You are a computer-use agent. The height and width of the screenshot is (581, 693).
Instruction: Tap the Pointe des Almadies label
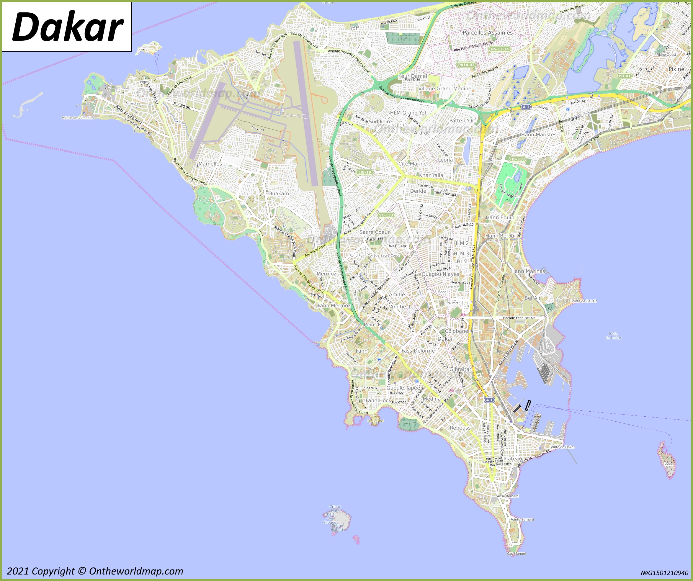click(78, 118)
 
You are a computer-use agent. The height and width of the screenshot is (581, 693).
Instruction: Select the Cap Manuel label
click(516, 553)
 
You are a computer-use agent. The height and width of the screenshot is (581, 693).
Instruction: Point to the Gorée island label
click(668, 464)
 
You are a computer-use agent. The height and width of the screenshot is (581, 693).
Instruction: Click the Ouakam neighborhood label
click(278, 193)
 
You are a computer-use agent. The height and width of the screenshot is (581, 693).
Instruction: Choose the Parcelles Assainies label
click(487, 33)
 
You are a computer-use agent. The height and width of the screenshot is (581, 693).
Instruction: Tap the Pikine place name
click(676, 69)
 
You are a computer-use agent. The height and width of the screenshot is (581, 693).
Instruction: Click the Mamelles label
click(210, 164)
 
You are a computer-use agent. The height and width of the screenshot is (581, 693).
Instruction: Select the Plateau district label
click(513, 458)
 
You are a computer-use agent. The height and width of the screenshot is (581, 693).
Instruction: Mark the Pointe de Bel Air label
click(584, 301)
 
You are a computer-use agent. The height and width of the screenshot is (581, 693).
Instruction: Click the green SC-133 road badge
click(386, 215)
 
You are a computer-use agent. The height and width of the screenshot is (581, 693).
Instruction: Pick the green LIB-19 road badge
click(365, 172)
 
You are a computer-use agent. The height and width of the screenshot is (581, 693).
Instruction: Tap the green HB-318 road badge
click(517, 159)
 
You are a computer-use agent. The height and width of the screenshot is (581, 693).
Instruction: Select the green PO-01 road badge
click(624, 76)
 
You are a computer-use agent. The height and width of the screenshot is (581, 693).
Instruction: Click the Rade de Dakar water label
click(613, 335)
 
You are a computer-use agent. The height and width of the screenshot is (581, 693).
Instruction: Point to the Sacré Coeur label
click(375, 232)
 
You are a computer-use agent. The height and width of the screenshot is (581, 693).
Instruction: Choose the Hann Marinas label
click(528, 271)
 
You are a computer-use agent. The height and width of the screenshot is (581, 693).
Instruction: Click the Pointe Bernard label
click(522, 519)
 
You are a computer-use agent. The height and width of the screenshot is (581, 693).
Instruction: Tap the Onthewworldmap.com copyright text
click(95, 571)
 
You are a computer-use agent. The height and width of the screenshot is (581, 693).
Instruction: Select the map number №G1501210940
click(665, 573)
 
